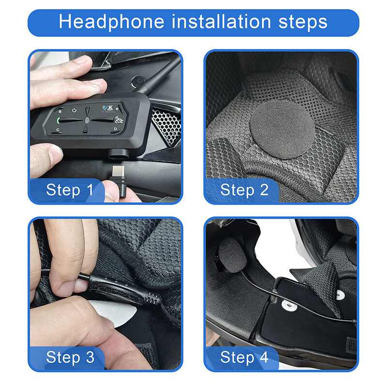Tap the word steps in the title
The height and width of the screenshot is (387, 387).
pos(303,22)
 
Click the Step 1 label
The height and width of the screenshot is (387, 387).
pos(70,190)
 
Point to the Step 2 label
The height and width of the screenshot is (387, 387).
pos(244,190)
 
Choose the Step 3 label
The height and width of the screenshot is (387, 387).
pos(70,357)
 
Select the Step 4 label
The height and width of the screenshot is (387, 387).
pos(244,357)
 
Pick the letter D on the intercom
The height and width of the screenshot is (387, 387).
pos(115,129)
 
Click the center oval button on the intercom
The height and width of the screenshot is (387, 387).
pos(86,120)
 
